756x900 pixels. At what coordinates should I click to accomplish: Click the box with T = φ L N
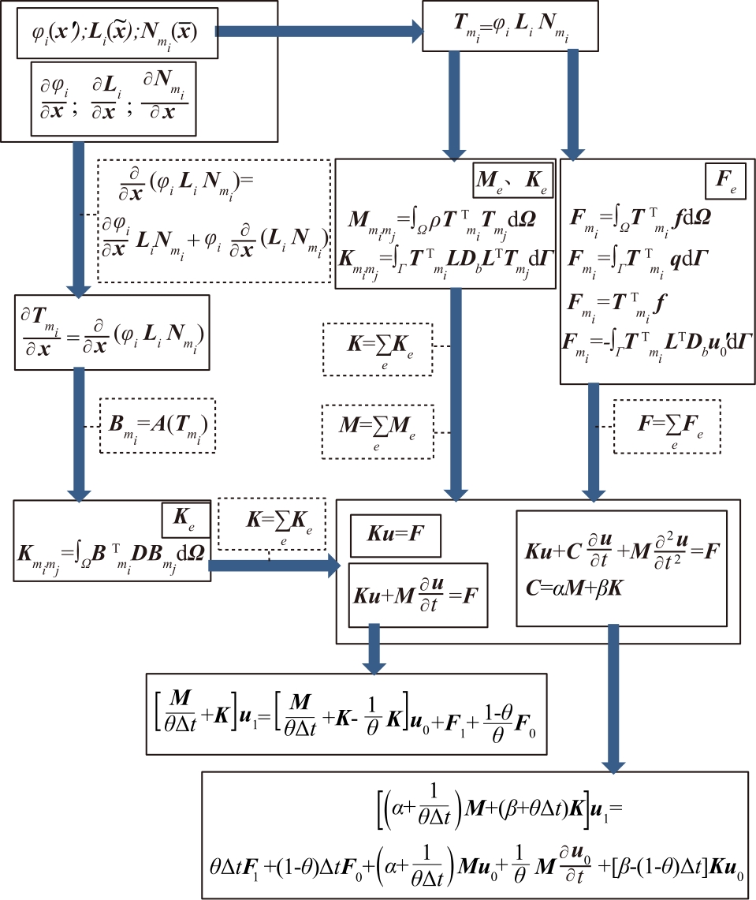tap(510, 27)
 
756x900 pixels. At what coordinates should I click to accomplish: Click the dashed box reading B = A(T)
tap(158, 429)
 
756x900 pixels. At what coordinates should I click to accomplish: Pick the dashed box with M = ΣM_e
tap(378, 429)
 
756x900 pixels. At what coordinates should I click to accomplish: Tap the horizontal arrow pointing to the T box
tap(319, 31)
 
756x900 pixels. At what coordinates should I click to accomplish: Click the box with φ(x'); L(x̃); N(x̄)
tap(117, 33)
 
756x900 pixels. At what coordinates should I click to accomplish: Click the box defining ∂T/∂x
tap(112, 332)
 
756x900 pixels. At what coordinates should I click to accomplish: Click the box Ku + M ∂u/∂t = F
tap(419, 594)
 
